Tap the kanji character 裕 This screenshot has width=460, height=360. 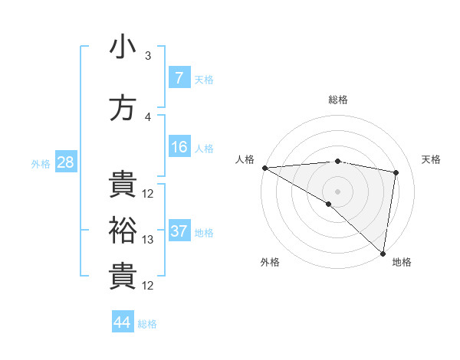[x=123, y=231]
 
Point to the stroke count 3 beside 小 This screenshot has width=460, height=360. [x=147, y=55]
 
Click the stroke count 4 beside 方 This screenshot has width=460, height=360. [x=147, y=117]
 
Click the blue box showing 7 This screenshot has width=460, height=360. [x=179, y=78]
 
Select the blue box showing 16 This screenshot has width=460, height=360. [x=179, y=148]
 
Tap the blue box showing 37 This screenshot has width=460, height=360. [x=179, y=231]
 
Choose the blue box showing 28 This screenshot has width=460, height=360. [x=65, y=162]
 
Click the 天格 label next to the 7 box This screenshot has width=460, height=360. [x=204, y=79]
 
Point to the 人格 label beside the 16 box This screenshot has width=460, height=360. [x=204, y=149]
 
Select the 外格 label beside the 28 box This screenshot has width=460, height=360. [x=41, y=163]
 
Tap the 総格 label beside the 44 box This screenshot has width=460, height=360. [x=147, y=323]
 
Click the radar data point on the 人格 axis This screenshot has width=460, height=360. [x=264, y=168]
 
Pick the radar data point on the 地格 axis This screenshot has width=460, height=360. [x=383, y=253]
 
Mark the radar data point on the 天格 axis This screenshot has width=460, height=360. [x=396, y=172]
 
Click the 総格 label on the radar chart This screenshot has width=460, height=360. [x=337, y=100]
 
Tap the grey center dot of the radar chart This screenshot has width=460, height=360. [x=337, y=190]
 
